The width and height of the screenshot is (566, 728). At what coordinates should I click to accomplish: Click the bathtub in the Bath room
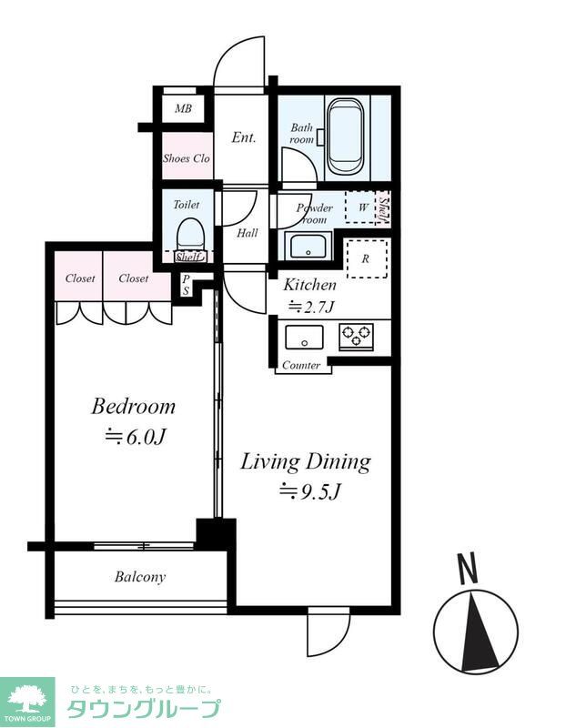(345, 137)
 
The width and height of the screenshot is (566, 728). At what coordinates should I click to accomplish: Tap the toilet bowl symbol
(190, 235)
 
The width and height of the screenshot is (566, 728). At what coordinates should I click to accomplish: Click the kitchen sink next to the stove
(304, 337)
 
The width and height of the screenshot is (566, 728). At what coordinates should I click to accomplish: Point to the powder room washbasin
(308, 246)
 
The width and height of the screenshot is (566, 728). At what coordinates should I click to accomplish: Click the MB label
(183, 108)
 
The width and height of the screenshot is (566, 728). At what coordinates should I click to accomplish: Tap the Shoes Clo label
(187, 158)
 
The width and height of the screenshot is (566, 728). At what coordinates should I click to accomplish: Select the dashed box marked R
(367, 258)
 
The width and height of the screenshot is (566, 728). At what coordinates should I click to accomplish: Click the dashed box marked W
(360, 207)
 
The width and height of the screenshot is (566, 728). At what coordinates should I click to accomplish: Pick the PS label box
(186, 285)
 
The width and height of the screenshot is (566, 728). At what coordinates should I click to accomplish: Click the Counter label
(301, 366)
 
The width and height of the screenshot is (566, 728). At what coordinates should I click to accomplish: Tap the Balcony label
(140, 577)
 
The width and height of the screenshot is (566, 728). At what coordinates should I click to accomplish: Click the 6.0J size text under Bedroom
(135, 437)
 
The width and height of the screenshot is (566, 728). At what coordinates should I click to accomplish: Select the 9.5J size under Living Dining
(309, 491)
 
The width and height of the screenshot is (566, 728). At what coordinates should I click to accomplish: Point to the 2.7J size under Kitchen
(311, 307)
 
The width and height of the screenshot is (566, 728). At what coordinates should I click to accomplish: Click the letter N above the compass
(467, 568)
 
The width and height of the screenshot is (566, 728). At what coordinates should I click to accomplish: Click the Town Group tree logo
(27, 701)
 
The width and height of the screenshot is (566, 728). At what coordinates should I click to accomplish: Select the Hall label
(247, 233)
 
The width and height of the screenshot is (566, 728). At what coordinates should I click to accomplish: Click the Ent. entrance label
(244, 137)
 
